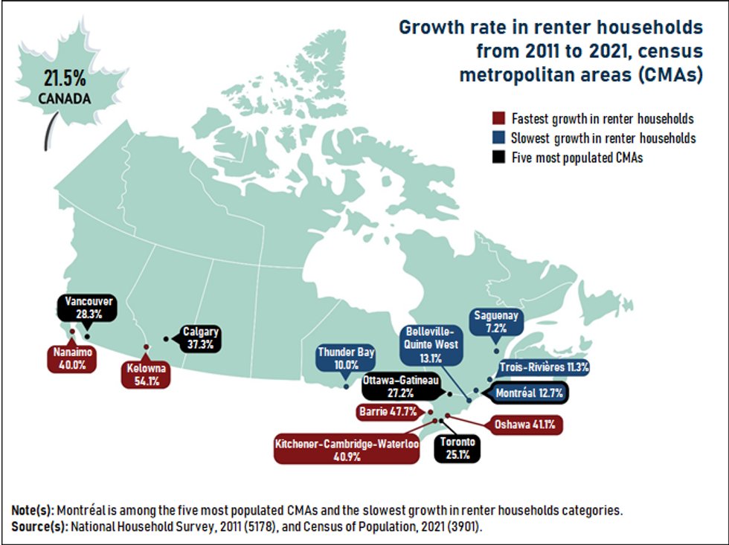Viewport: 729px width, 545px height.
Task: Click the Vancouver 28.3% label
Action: click(x=88, y=308)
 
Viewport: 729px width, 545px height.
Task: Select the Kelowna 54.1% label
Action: click(x=146, y=374)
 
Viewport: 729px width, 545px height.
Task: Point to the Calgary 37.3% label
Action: click(x=199, y=338)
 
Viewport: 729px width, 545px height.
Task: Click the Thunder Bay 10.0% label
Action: click(x=346, y=358)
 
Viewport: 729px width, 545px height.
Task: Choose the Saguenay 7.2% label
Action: click(x=495, y=321)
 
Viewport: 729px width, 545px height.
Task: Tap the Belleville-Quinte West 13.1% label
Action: click(x=429, y=344)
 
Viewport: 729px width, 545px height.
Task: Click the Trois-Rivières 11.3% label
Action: click(x=545, y=367)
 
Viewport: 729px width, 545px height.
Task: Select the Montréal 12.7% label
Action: click(x=527, y=392)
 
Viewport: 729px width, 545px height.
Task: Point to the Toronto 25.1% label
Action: click(x=453, y=448)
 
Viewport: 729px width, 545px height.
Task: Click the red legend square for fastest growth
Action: click(x=499, y=119)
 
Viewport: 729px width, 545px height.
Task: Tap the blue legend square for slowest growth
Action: click(x=499, y=138)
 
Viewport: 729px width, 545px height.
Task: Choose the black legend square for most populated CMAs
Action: click(x=499, y=158)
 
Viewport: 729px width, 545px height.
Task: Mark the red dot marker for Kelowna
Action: click(x=147, y=347)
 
